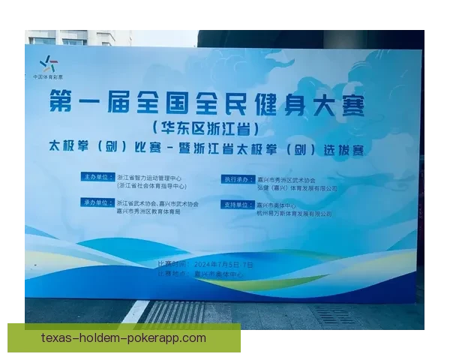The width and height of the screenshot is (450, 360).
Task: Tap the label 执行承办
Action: [x=235, y=179]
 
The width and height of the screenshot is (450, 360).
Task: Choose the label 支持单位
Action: [x=235, y=204]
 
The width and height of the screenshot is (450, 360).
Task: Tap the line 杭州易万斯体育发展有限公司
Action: [x=295, y=214]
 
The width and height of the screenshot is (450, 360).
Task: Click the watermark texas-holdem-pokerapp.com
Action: [x=124, y=338]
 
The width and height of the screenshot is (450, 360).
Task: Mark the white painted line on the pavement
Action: [x=137, y=312]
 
